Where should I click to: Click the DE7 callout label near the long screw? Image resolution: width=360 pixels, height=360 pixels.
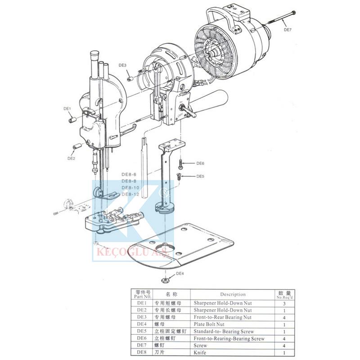click(x=288, y=30)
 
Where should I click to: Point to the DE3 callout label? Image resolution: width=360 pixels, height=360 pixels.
click(x=122, y=65)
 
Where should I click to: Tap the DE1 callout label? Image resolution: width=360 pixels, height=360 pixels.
click(x=67, y=108)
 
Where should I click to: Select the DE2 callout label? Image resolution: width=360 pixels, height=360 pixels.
click(x=71, y=158)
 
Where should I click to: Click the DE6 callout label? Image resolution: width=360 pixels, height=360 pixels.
click(x=200, y=163)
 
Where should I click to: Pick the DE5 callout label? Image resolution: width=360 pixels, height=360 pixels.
click(x=200, y=176)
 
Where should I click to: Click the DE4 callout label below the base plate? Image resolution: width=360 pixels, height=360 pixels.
click(x=180, y=273)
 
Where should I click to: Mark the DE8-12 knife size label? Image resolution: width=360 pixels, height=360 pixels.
click(x=130, y=194)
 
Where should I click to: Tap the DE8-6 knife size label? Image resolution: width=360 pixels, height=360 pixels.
click(x=130, y=174)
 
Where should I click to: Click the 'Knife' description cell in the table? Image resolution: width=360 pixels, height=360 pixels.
click(x=200, y=352)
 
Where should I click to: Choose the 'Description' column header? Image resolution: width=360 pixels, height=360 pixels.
click(x=233, y=294)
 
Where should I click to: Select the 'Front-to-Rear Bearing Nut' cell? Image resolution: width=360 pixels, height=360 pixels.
click(x=222, y=317)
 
